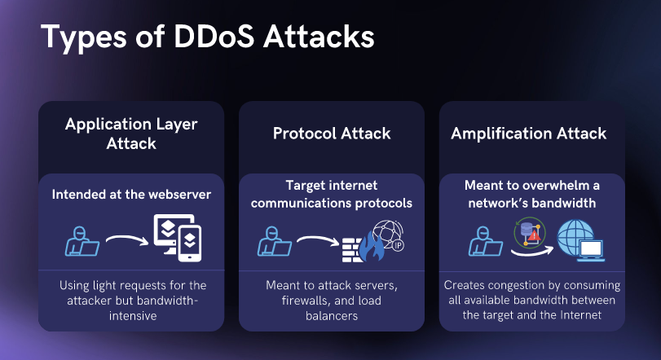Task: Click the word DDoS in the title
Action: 214,36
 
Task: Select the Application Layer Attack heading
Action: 131,134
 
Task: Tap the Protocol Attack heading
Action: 332,134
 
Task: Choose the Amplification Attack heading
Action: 529,134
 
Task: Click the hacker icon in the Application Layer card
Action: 82,241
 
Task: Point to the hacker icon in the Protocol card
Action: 275,241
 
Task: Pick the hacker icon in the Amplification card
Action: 486,241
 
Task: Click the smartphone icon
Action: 189,243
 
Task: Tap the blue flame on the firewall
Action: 372,247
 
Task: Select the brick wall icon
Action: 351,250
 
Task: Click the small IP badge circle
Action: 398,245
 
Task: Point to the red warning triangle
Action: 534,235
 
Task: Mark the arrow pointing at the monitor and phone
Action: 127,239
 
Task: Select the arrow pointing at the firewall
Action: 318,240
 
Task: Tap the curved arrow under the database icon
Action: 532,252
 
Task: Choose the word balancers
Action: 332,316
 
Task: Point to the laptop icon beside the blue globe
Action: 591,250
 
